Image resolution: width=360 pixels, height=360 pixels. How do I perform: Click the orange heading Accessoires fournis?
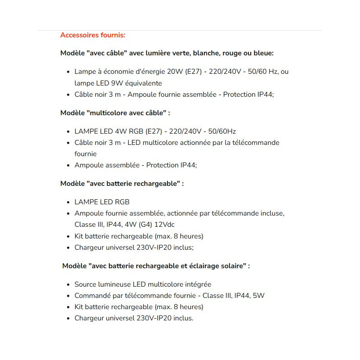93,35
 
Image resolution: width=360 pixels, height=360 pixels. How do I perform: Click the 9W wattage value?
117,83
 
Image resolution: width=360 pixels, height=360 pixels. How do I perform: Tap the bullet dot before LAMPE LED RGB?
68,202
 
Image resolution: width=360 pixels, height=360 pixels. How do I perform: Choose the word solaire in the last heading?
231,266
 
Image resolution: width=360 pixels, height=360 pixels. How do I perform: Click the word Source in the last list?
85,284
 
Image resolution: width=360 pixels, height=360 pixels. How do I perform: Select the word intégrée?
196,284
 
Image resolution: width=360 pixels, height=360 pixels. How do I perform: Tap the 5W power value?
258,296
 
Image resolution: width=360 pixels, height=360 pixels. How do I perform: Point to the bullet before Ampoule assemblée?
68,165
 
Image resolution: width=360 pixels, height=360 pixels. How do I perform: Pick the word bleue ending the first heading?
262,53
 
